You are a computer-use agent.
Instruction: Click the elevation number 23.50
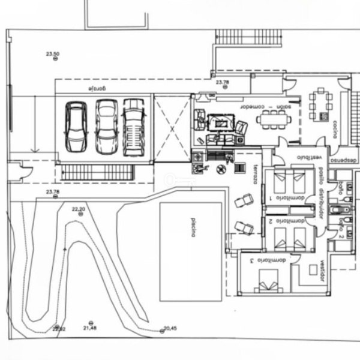click(53, 54)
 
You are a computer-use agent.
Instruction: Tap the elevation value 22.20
click(79, 209)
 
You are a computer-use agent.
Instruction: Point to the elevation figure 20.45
click(170, 328)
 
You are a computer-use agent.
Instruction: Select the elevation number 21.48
click(90, 328)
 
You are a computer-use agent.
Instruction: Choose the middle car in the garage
click(107, 126)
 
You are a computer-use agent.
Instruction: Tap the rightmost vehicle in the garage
click(134, 127)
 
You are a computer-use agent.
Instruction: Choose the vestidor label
click(322, 270)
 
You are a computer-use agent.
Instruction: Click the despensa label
click(343, 161)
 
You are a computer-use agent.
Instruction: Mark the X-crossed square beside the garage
click(173, 128)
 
